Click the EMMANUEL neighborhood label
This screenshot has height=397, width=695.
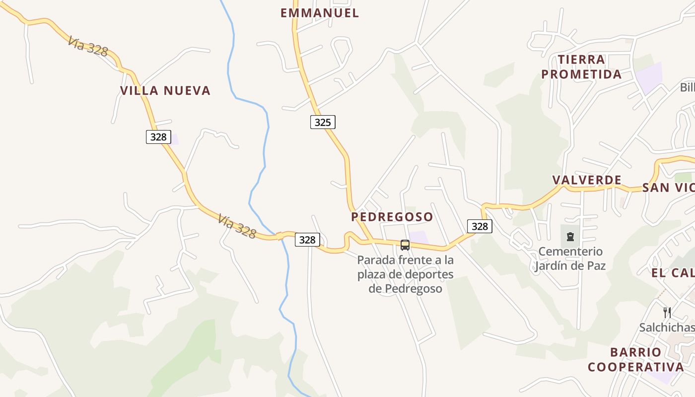tap(320, 13)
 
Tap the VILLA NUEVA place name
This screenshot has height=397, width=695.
tap(165, 90)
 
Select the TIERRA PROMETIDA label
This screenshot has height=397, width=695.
tap(581, 67)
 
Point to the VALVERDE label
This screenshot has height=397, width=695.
tap(587, 180)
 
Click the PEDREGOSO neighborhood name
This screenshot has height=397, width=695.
tap(392, 217)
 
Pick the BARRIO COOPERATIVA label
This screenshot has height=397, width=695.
tap(635, 360)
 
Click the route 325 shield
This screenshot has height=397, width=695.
tap(323, 122)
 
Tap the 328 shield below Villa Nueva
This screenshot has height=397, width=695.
tap(158, 137)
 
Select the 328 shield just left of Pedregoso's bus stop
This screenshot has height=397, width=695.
tap(307, 240)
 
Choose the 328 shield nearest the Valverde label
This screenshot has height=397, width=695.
tap(480, 226)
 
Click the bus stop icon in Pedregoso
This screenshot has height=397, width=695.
tap(405, 245)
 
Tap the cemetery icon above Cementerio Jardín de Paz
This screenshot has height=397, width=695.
tap(570, 236)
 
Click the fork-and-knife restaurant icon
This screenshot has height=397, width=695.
tap(667, 312)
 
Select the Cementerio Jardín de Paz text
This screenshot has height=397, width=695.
tap(570, 259)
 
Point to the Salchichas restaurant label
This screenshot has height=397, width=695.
tap(666, 328)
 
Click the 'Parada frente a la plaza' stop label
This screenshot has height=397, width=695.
tap(405, 274)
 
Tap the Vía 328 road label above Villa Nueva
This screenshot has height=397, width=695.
tap(88, 46)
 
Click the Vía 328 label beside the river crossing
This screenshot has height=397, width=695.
tap(237, 226)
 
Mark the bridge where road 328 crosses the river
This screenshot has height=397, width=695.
tap(281, 236)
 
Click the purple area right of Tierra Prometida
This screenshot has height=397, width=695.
tap(648, 77)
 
